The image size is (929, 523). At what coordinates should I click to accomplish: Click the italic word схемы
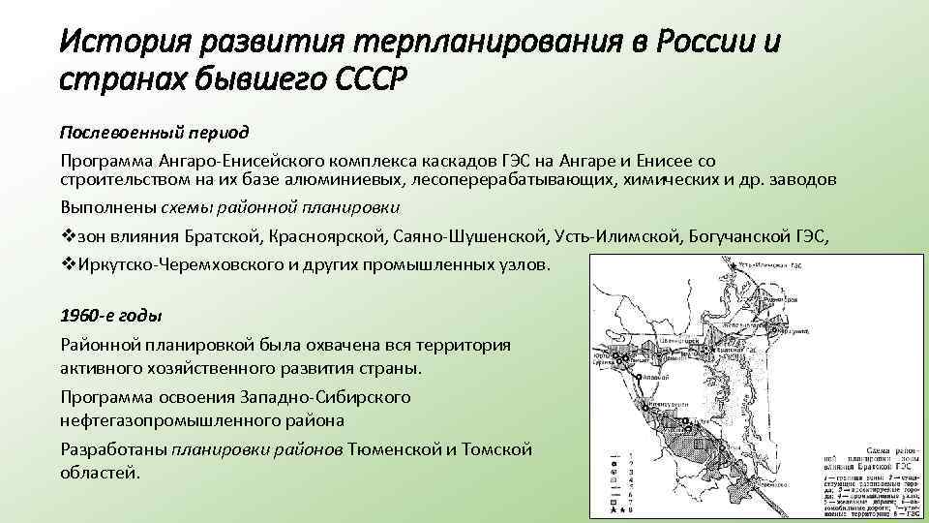(188, 206)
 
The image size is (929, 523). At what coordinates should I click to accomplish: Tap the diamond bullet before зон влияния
(67, 235)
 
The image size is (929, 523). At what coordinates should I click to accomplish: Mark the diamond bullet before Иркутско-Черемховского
(67, 263)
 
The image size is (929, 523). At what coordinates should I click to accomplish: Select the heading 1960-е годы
(110, 316)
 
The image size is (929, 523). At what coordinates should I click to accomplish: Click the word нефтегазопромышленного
(160, 421)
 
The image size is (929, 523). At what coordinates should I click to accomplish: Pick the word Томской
(496, 448)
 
